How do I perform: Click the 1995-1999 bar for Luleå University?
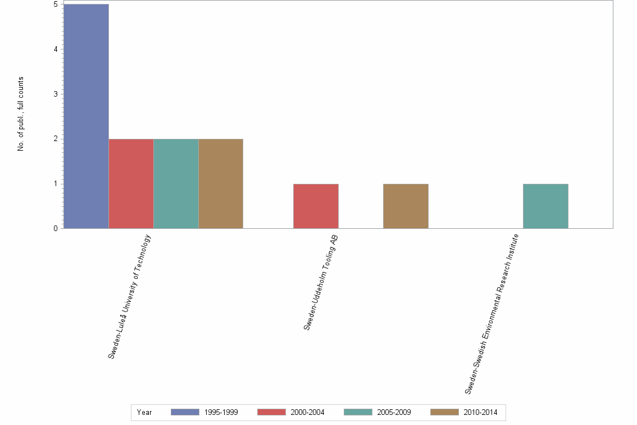[86, 116]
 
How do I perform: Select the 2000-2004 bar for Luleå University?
[131, 183]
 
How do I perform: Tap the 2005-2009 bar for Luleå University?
[176, 183]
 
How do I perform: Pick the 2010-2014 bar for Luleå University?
[221, 183]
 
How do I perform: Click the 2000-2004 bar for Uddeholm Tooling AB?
[316, 206]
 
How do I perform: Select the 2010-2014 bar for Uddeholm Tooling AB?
[406, 206]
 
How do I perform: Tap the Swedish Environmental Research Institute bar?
[545, 206]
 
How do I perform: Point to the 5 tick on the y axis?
[56, 4]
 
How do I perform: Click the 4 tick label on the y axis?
[56, 49]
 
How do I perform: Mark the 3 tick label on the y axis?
[56, 94]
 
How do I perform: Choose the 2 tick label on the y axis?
[56, 139]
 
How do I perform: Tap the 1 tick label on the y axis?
[56, 184]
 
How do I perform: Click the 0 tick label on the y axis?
[56, 228]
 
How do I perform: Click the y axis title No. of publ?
[21, 114]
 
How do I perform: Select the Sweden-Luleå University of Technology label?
[130, 296]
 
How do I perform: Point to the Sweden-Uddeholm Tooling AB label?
[321, 282]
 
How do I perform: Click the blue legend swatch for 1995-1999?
[185, 412]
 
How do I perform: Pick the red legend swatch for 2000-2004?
[271, 412]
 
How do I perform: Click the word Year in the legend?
[144, 412]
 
